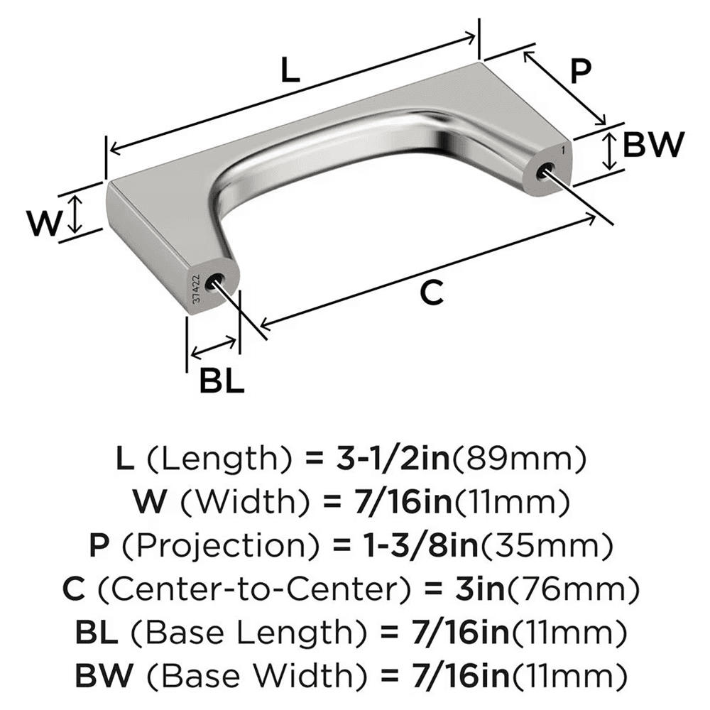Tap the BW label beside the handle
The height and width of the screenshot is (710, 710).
(652, 145)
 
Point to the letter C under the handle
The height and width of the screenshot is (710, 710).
(432, 291)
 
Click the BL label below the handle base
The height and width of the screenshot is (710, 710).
(222, 382)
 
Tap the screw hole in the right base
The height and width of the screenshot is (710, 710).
(545, 170)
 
